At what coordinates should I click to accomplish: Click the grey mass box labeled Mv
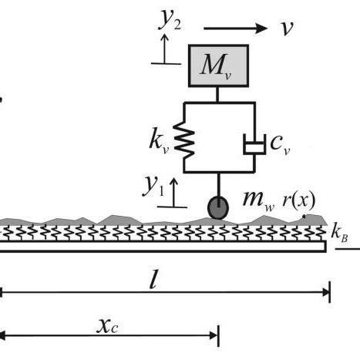218,66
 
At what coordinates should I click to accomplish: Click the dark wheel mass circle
218,207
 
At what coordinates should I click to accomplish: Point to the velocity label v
287,29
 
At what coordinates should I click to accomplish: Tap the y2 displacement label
170,21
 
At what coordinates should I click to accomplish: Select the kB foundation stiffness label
338,233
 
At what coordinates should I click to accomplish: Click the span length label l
155,279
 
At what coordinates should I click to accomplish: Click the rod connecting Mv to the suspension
218,94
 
